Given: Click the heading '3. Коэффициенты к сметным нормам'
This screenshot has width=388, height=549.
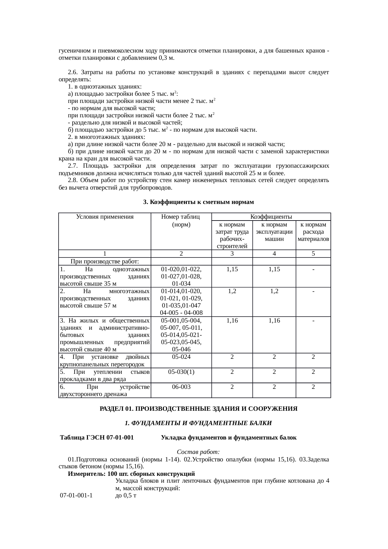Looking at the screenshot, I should [198, 202].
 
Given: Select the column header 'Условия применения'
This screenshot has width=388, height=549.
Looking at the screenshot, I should [105, 217].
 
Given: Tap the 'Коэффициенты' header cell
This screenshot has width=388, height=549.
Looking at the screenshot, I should [271, 217].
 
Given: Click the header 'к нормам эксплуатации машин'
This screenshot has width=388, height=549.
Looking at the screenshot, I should [274, 232].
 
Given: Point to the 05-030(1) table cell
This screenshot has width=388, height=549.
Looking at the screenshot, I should [181, 372].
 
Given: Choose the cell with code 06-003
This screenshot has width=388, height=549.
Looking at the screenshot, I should [181, 387].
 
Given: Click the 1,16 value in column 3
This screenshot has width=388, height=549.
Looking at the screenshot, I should [232, 320].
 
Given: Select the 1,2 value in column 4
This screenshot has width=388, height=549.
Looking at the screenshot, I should [274, 291].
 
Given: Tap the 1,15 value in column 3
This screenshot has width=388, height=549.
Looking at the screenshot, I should [232, 269].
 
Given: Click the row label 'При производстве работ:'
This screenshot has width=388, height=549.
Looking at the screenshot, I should [105, 262].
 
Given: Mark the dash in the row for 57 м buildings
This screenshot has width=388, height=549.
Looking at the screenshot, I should [313, 291].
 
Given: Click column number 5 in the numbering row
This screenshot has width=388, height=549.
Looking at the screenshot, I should [313, 254].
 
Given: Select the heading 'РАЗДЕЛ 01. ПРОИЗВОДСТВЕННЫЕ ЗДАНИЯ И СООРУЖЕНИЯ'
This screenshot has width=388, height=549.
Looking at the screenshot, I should [198, 409].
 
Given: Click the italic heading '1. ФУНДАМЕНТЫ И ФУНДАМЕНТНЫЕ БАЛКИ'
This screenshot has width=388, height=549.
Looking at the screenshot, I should [198, 423].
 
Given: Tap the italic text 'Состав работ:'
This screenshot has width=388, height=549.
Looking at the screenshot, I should [198, 452].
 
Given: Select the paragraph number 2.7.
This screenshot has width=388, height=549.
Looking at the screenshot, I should [73, 166].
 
